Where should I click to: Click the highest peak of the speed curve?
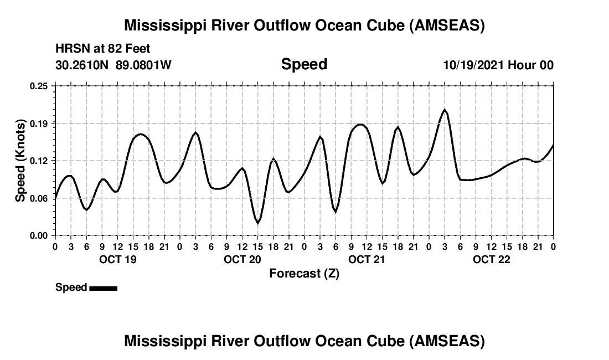445,110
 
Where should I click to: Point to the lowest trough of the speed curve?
257,223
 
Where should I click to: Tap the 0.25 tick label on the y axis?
39,86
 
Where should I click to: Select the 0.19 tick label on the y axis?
39,123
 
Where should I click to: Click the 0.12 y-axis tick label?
39,161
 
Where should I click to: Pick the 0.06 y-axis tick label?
39,198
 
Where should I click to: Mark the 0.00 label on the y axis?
39,235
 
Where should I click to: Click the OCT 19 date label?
117,260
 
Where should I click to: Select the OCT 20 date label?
242,260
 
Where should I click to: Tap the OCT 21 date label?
367,260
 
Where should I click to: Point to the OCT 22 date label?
492,260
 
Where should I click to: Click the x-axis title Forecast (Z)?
304,274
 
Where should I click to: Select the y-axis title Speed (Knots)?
20,161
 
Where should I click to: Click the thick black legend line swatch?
103,288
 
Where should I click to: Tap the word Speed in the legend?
71,287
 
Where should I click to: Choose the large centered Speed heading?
304,64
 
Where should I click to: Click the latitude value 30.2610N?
83,65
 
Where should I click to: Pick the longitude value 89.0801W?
143,65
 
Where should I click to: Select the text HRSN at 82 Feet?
103,49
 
